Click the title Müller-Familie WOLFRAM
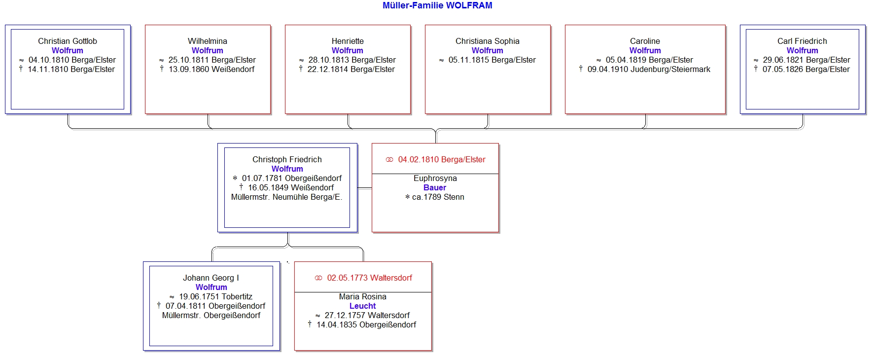pos(437,5)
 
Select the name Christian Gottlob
pos(68,41)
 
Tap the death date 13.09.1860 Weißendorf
pos(211,70)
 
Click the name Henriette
pos(348,41)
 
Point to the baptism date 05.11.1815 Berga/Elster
pos(492,60)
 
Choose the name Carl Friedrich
pos(802,41)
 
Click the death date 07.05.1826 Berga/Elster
pos(806,70)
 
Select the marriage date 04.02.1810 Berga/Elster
pos(442,160)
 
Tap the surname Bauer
pos(435,188)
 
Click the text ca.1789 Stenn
pos(438,197)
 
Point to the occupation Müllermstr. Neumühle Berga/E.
pos(286,197)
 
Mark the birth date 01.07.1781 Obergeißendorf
pos(292,179)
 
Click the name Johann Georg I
pos(211,278)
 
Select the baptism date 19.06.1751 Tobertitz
pos(215,297)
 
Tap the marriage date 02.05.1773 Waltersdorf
pos(370,278)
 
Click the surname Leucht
pos(362,306)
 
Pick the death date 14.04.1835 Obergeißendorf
pos(366,325)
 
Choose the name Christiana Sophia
pos(488,41)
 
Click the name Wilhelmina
pos(208,41)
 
